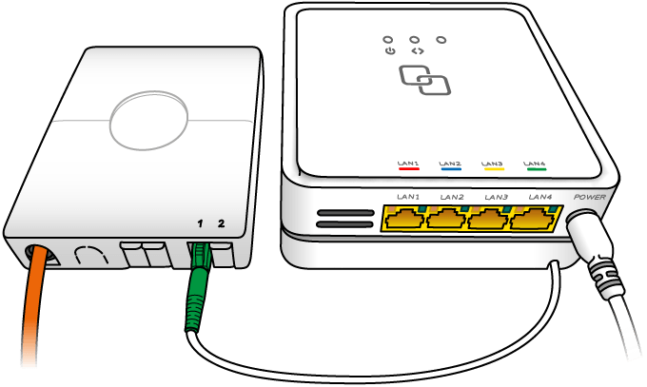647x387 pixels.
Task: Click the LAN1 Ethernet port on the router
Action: tap(404, 218)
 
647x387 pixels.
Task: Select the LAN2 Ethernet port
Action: tap(447, 218)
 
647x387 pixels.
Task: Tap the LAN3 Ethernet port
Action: tap(490, 218)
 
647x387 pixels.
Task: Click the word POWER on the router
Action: tap(590, 197)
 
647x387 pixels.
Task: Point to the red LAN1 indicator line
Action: tap(408, 168)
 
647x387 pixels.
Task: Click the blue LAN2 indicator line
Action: tap(451, 168)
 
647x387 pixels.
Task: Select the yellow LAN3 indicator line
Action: tap(494, 168)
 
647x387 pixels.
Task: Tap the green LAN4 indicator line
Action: tap(536, 168)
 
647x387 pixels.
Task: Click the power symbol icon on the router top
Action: tap(390, 51)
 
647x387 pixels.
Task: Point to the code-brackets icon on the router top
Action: tap(418, 51)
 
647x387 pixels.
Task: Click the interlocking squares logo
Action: tap(424, 80)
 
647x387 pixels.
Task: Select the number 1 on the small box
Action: tap(200, 223)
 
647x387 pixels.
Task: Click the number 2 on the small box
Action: tap(222, 223)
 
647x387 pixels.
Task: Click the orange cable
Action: tap(32, 305)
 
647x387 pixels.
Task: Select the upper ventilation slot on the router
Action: tap(345, 213)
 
